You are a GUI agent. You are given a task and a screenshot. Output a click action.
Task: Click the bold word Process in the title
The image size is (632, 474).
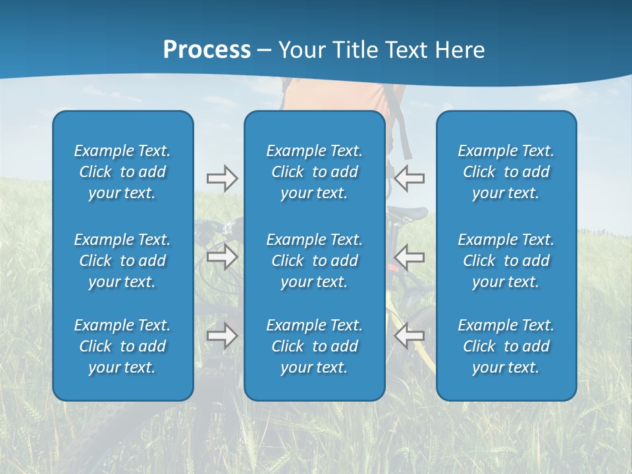[x=207, y=50]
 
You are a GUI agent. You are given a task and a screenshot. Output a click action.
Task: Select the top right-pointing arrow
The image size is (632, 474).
[x=222, y=178]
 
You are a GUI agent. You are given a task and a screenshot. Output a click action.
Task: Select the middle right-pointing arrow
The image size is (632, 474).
[x=222, y=257]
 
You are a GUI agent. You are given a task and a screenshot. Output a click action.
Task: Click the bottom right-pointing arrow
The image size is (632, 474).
[x=222, y=336]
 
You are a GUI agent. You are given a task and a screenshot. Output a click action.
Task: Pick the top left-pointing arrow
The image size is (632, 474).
[x=409, y=178]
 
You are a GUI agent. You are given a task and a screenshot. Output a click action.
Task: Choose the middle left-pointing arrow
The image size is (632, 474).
[x=409, y=257]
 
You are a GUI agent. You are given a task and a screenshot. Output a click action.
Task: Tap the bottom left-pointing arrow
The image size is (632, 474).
[x=409, y=336]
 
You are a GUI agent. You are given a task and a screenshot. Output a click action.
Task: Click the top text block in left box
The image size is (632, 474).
[x=122, y=172]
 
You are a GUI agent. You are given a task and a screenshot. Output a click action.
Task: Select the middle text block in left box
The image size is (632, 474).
[x=122, y=261]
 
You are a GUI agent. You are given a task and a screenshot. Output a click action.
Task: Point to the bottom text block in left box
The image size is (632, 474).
[x=122, y=346]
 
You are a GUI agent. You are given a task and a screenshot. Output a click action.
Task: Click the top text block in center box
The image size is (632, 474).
[x=314, y=172]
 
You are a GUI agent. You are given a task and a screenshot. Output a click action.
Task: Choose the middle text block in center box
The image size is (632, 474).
[x=314, y=261]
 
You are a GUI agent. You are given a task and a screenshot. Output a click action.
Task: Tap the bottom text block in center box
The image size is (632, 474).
[x=314, y=346]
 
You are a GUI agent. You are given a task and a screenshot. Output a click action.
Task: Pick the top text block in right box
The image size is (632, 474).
[x=506, y=172]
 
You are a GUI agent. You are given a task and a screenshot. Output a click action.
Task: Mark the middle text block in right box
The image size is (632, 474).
[x=506, y=261]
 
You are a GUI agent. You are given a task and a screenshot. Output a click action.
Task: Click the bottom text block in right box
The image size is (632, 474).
[x=506, y=346]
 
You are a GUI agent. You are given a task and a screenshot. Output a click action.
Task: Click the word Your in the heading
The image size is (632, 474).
[x=302, y=50]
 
